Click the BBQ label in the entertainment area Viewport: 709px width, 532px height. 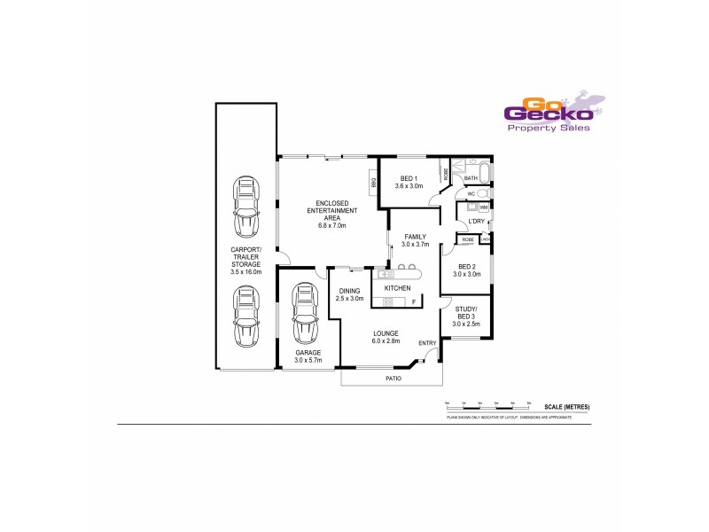[x=374, y=183]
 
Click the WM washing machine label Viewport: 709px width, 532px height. [x=484, y=207]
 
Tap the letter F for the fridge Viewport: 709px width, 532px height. [x=413, y=303]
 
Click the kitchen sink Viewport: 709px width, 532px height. [x=386, y=274]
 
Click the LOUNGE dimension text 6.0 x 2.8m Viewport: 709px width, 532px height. [x=386, y=340]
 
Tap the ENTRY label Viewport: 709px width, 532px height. [x=427, y=343]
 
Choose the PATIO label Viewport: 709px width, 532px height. [x=393, y=379]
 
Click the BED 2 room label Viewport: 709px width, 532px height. [x=467, y=266]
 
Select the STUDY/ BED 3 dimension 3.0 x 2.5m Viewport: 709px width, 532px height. [x=466, y=324]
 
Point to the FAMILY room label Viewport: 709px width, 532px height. [x=415, y=237]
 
